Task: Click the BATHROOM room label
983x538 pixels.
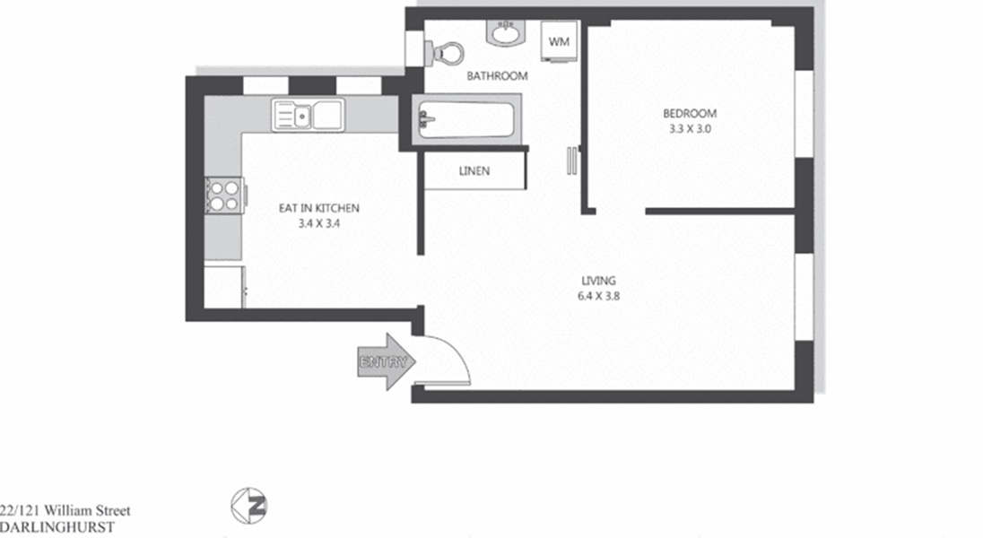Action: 497,76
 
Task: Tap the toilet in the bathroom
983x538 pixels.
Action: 445,53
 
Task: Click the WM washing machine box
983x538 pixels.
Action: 559,41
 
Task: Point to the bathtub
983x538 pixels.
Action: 466,119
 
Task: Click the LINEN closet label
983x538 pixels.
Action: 474,170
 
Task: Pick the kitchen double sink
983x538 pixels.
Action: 308,116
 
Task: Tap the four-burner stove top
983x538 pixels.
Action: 224,195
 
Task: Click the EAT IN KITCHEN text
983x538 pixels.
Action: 319,208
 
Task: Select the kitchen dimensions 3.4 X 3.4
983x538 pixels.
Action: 319,223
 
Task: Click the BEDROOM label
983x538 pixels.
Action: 690,114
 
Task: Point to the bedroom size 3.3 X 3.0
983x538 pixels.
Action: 690,128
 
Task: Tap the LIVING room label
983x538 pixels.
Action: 599,281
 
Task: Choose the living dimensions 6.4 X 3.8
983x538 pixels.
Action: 599,296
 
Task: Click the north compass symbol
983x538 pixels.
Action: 248,506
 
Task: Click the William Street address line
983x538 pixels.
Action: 65,510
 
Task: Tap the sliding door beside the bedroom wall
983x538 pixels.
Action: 571,161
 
